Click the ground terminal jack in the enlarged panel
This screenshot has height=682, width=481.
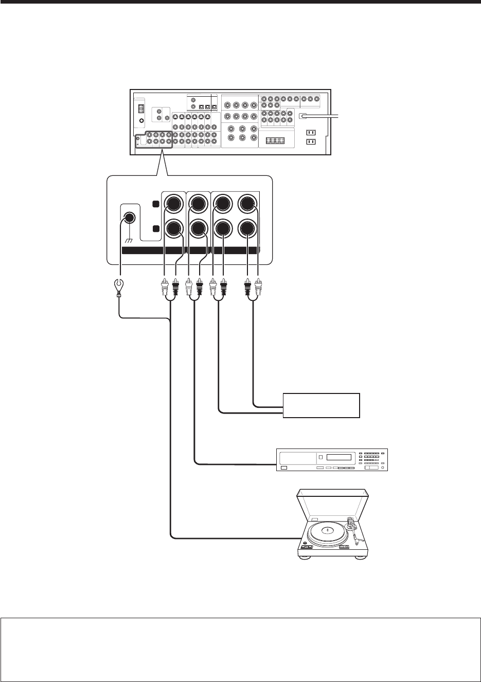[130, 217]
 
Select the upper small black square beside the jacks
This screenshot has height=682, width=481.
[156, 204]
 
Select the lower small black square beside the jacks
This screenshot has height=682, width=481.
[156, 228]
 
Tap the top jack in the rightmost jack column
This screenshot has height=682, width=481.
[248, 203]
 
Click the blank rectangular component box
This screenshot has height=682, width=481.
[322, 405]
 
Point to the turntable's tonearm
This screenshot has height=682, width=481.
[354, 530]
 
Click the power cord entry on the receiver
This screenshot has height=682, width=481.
[304, 117]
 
